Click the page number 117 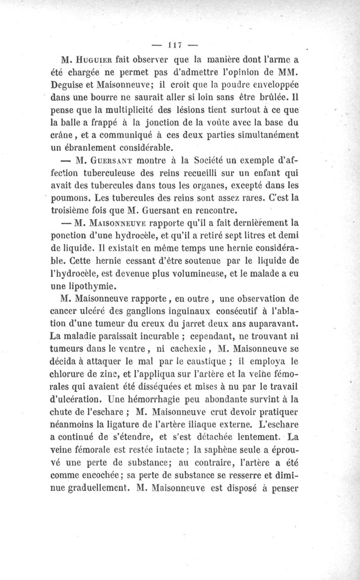[x=174, y=45]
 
